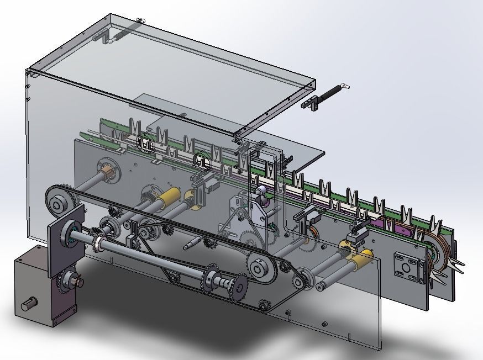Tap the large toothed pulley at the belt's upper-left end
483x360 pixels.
click(57, 204)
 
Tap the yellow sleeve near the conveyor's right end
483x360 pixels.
click(361, 256)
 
